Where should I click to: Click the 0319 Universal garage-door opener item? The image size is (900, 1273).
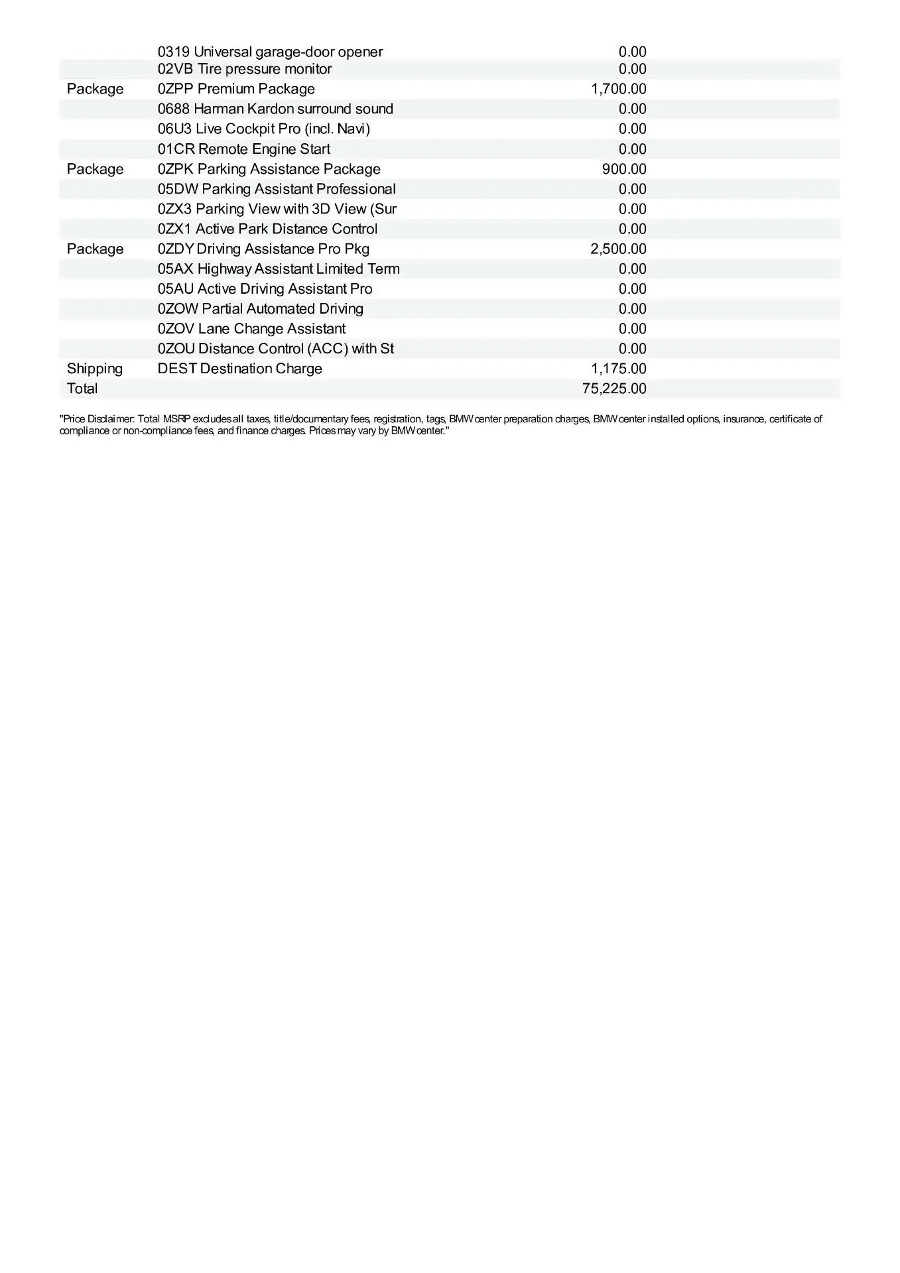270,52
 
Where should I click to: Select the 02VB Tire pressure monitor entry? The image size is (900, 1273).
245,69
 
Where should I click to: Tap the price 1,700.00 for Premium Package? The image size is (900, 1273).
618,89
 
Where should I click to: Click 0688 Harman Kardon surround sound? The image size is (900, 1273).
275,109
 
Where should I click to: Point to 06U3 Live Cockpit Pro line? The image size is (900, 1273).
264,129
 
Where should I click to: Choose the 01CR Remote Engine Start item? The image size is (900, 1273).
244,149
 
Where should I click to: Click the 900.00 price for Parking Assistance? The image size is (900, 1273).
623,169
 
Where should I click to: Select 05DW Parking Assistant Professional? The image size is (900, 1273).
277,189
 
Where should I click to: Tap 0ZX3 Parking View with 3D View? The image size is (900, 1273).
277,209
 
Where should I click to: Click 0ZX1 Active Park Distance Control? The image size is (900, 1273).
267,229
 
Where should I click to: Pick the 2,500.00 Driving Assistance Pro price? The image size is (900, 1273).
618,249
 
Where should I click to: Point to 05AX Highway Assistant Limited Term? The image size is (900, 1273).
279,269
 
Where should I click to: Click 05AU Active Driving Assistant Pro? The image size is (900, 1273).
265,288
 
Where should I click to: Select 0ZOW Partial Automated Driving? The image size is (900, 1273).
261,308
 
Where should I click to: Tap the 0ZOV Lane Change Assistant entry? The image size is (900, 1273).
251,329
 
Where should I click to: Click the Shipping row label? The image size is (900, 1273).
95,369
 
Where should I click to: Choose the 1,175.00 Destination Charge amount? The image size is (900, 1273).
618,369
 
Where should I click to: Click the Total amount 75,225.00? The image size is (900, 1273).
614,389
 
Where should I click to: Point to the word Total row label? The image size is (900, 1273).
82,389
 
